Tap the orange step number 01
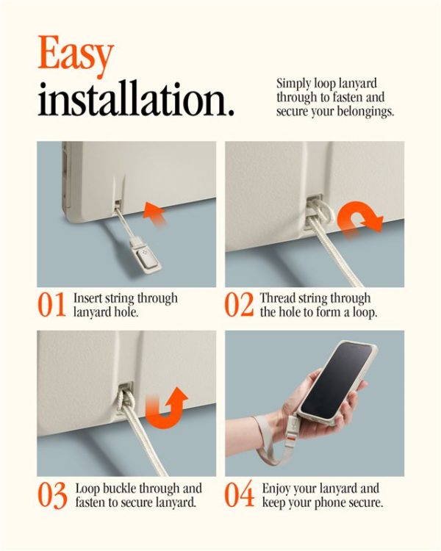[x=51, y=305]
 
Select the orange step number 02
[x=239, y=305]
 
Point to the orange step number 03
[x=52, y=495]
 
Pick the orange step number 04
[x=239, y=494]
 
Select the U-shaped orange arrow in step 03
[x=166, y=408]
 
